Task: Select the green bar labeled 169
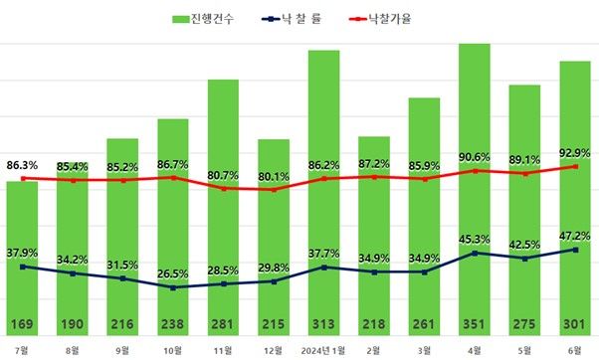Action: coord(22,259)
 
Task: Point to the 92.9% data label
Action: coord(575,152)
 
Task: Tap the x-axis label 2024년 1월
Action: coord(323,350)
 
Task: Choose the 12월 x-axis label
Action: coord(273,350)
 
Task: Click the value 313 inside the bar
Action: coord(324,325)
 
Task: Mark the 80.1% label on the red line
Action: coord(274,177)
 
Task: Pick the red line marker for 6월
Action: coord(575,166)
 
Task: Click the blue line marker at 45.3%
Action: coord(475,253)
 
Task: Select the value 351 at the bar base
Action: coord(475,325)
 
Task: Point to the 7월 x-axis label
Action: coord(22,350)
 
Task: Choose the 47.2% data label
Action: coord(575,235)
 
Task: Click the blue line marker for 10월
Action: coord(173,287)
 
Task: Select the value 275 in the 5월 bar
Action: coord(524,325)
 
